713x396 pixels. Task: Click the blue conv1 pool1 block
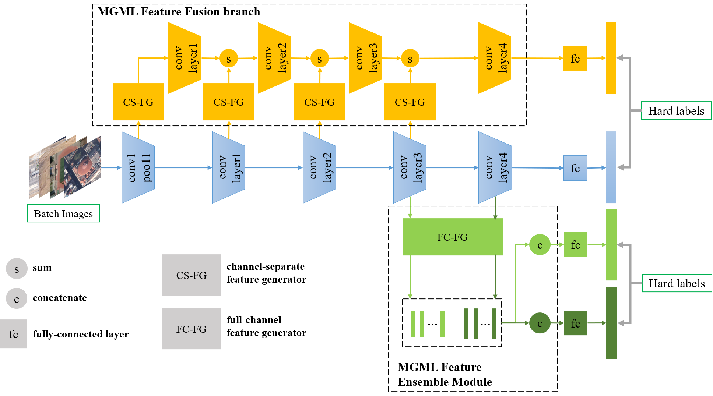pos(138,167)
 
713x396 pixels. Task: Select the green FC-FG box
pos(452,237)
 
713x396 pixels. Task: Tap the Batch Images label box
pos(63,213)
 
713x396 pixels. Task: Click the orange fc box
pos(575,58)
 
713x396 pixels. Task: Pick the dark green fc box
pos(576,323)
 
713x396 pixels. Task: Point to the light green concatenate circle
pos(540,245)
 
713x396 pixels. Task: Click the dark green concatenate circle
pos(540,323)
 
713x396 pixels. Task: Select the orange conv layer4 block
pos(495,58)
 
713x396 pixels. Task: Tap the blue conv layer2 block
pos(319,167)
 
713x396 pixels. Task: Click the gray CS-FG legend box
pos(192,275)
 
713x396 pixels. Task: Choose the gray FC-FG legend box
pos(192,329)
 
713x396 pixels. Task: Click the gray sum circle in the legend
pos(17,269)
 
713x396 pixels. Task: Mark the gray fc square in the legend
pos(14,334)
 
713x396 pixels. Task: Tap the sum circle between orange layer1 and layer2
pos(229,59)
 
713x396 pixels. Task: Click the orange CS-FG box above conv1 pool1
pos(138,102)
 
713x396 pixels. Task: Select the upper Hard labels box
pos(676,110)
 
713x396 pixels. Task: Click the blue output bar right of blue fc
pos(611,167)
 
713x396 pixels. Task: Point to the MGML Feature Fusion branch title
pos(179,12)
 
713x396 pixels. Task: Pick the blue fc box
pos(575,168)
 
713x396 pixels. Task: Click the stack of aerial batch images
pos(65,167)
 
